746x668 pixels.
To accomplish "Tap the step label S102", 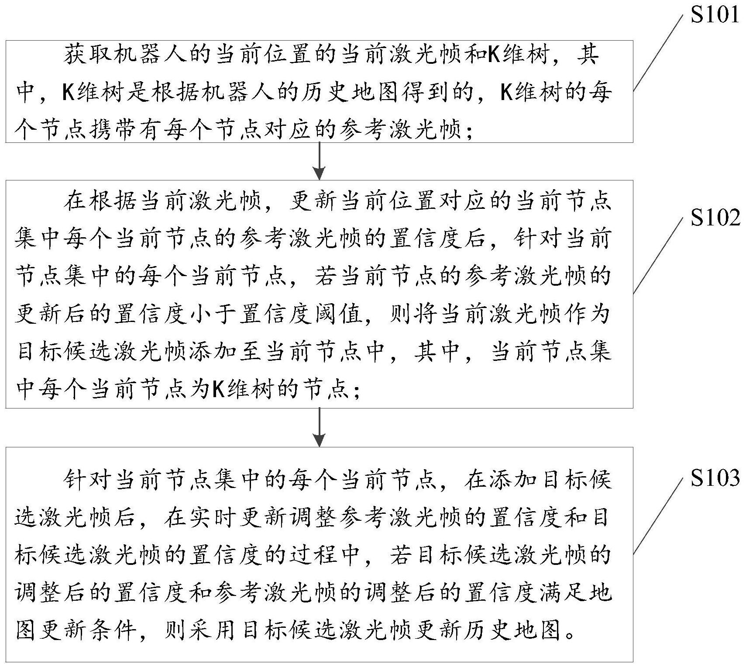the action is tap(715, 217).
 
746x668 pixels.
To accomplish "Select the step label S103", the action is tap(715, 478).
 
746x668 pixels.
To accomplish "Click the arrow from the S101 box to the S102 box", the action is tap(320, 161).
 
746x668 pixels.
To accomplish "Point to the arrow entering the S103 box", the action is tap(320, 427).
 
